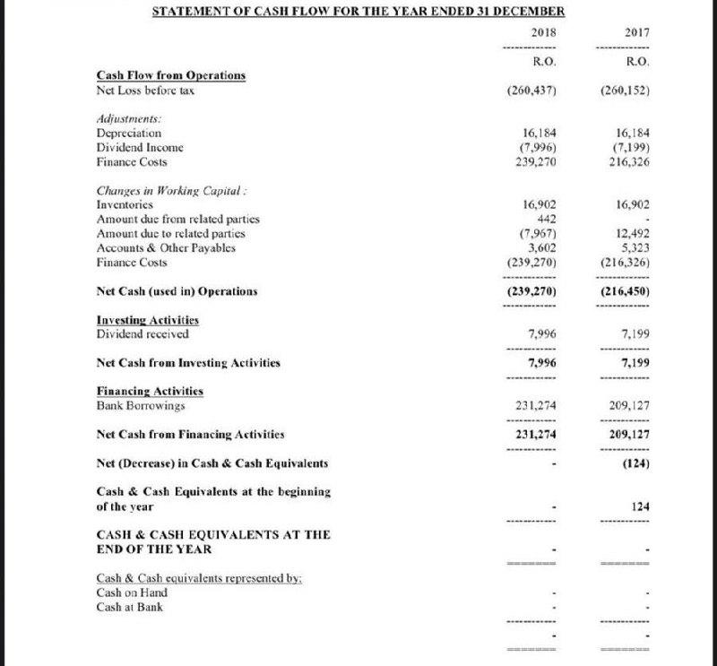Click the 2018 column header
[544, 33]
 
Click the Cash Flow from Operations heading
[170, 75]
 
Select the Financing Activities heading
[150, 391]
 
